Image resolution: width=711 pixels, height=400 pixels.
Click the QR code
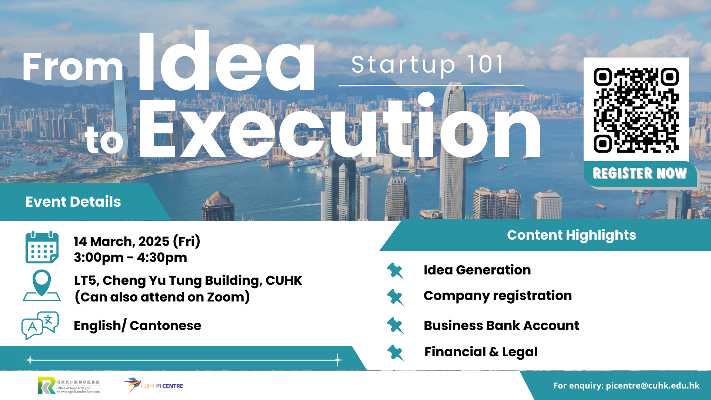(x=636, y=110)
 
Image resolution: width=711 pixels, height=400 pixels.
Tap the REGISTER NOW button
(x=640, y=173)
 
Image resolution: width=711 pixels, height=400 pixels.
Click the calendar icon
(x=42, y=247)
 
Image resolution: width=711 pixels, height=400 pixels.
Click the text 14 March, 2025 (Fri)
(x=137, y=241)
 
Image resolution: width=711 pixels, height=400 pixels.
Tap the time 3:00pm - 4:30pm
(x=130, y=257)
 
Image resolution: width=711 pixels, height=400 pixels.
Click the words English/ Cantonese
(x=137, y=326)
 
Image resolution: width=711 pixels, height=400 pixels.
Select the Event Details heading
(x=73, y=202)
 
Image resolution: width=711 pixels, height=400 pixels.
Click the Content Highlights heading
(x=571, y=235)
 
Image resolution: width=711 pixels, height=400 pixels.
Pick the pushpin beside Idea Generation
(x=395, y=271)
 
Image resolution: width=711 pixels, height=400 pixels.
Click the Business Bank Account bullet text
(x=501, y=326)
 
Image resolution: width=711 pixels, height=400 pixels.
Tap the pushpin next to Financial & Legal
(x=395, y=353)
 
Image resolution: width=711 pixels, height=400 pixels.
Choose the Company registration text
(x=498, y=296)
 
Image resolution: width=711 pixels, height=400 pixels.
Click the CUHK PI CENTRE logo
(x=153, y=386)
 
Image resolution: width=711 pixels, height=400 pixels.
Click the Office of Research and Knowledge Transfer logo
(x=69, y=386)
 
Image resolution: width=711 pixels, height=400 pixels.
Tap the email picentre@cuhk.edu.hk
(x=652, y=386)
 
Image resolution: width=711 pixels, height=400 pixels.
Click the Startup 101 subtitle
(x=428, y=65)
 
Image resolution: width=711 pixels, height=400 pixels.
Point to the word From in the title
(x=73, y=67)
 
